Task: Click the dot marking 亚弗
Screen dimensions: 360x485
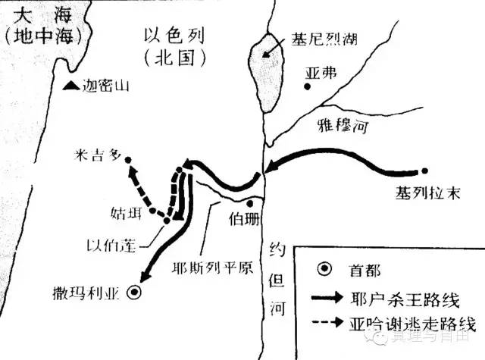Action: pos(307,86)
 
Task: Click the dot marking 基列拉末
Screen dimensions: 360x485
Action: pos(425,171)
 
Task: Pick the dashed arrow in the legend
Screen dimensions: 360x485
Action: pos(330,324)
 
